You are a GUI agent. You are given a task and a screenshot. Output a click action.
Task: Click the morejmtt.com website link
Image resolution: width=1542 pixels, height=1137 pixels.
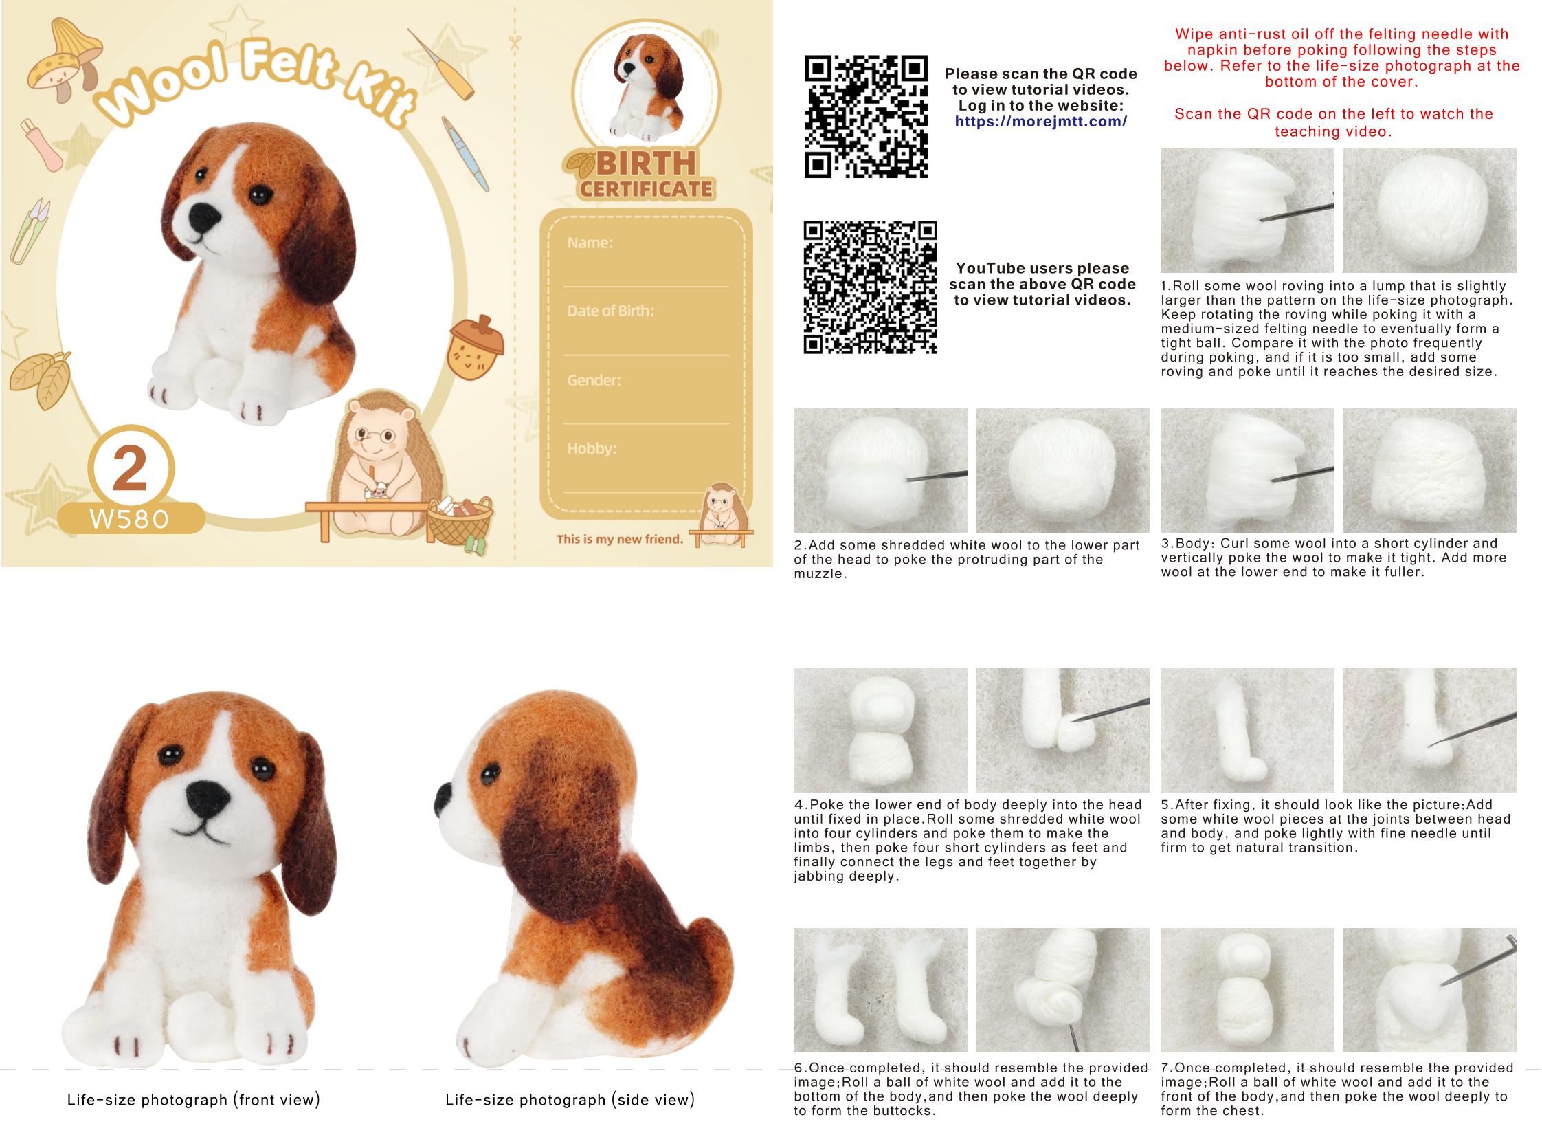(x=1040, y=122)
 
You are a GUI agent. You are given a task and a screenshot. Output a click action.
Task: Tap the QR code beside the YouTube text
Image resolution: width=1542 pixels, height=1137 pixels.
(x=871, y=288)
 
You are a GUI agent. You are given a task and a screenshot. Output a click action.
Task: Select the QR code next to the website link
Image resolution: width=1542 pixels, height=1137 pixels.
(x=867, y=116)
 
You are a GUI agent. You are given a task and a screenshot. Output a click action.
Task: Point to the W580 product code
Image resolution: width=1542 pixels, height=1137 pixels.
(x=129, y=519)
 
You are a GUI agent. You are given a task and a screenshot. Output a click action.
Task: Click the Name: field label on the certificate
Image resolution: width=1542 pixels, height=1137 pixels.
(x=590, y=242)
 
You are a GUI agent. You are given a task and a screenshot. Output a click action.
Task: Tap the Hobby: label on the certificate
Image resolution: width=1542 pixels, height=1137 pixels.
(x=592, y=449)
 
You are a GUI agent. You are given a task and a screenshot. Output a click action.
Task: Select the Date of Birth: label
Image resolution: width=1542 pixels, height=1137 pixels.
(x=610, y=311)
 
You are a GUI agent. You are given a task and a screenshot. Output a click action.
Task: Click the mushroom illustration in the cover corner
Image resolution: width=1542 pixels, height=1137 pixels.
(x=64, y=62)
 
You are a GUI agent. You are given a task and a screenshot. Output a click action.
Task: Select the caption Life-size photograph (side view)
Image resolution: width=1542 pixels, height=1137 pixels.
(x=570, y=1100)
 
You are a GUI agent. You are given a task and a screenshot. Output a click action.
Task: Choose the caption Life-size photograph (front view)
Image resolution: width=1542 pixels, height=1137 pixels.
(x=193, y=1100)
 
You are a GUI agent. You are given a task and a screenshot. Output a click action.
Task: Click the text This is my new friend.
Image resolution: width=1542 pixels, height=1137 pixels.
(x=619, y=539)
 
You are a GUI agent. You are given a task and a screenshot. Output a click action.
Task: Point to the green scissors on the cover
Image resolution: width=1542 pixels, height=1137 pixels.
(x=29, y=231)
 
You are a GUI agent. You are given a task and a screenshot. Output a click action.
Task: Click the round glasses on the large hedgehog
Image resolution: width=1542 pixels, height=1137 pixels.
(x=375, y=435)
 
